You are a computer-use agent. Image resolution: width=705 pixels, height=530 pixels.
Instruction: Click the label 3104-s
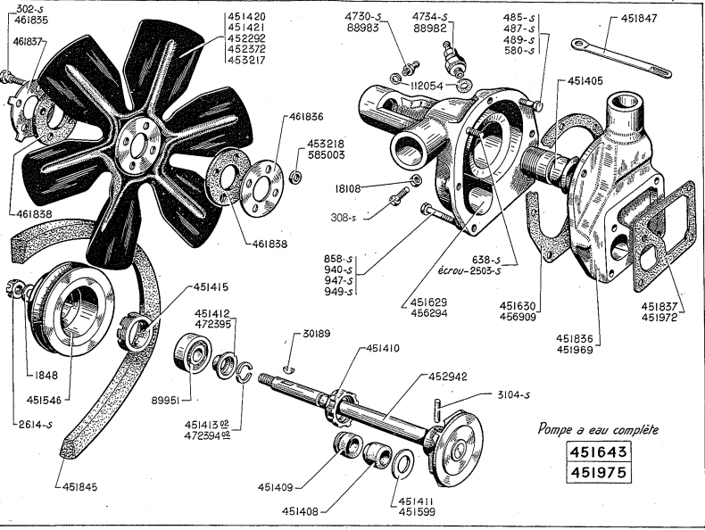click(512, 394)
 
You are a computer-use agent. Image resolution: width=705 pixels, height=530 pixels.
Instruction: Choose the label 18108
click(377, 188)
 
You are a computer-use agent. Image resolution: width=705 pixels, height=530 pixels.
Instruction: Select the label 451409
click(279, 487)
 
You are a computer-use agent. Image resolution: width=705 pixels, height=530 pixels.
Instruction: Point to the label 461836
click(299, 115)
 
